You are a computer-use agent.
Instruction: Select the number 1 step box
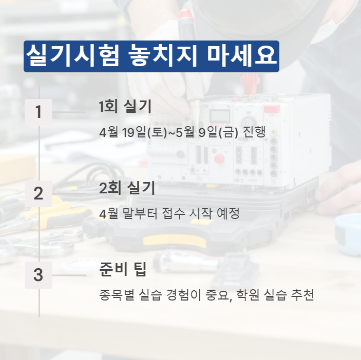coord(39,112)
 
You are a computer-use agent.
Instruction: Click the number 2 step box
coord(39,194)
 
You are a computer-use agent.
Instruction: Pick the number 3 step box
coord(39,275)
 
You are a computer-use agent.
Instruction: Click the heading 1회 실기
coord(125,107)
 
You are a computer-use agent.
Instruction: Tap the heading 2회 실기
coord(126,188)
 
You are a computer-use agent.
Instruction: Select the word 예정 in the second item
coord(229,214)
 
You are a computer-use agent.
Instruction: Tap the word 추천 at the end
coord(301,296)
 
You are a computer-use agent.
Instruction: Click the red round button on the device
coord(220,158)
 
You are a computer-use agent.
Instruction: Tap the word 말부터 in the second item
coord(138,214)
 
